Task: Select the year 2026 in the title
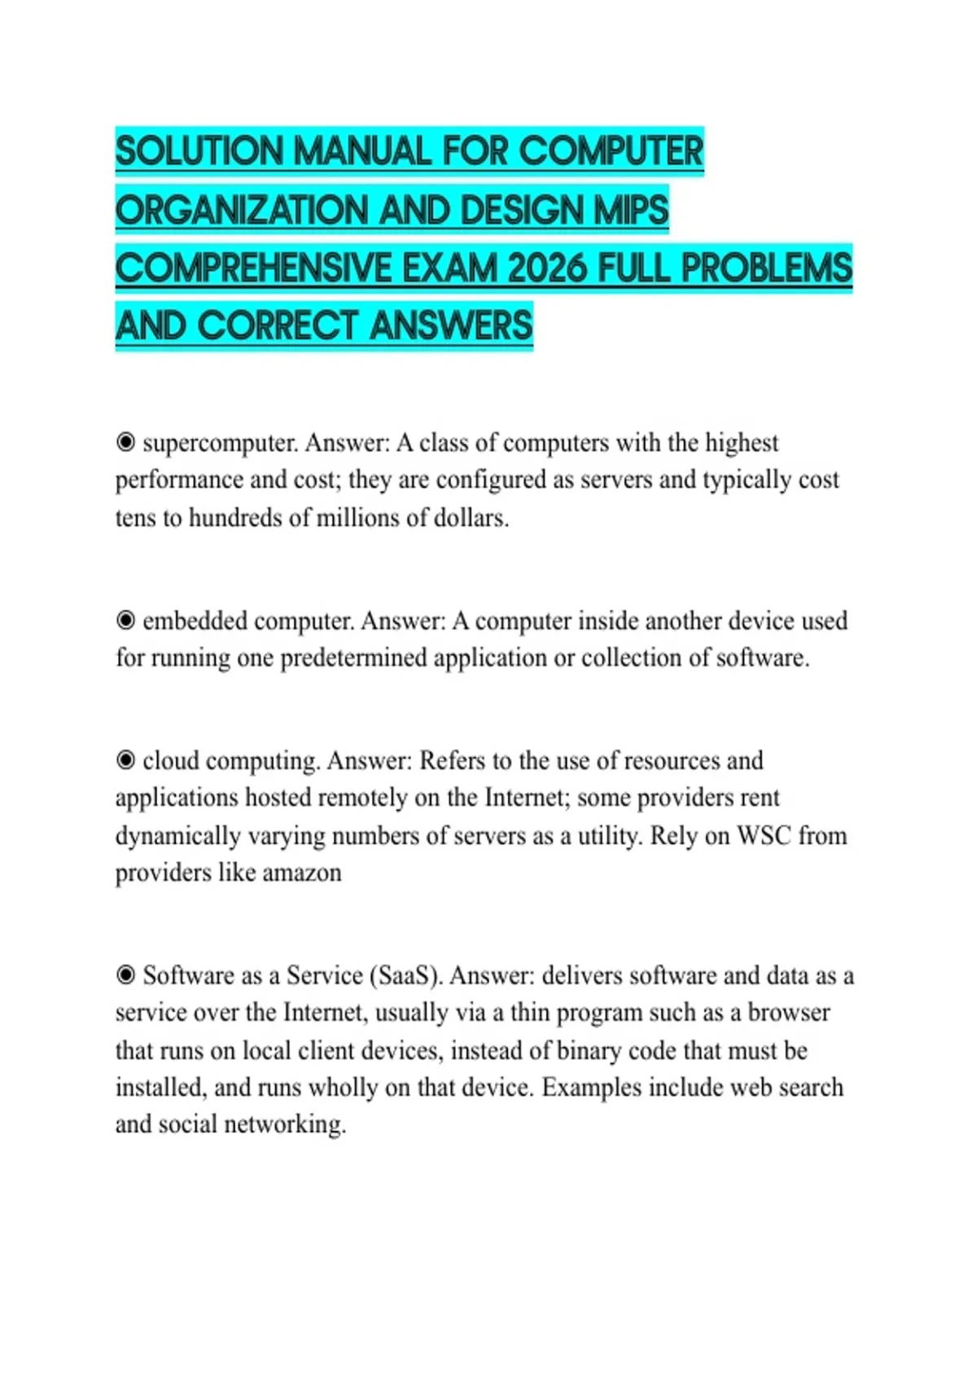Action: tap(546, 268)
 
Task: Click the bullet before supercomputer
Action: tap(125, 442)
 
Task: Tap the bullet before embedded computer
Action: tap(125, 620)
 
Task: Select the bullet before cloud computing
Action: tap(125, 760)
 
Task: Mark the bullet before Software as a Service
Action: tap(125, 975)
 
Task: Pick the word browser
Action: tap(789, 1013)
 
